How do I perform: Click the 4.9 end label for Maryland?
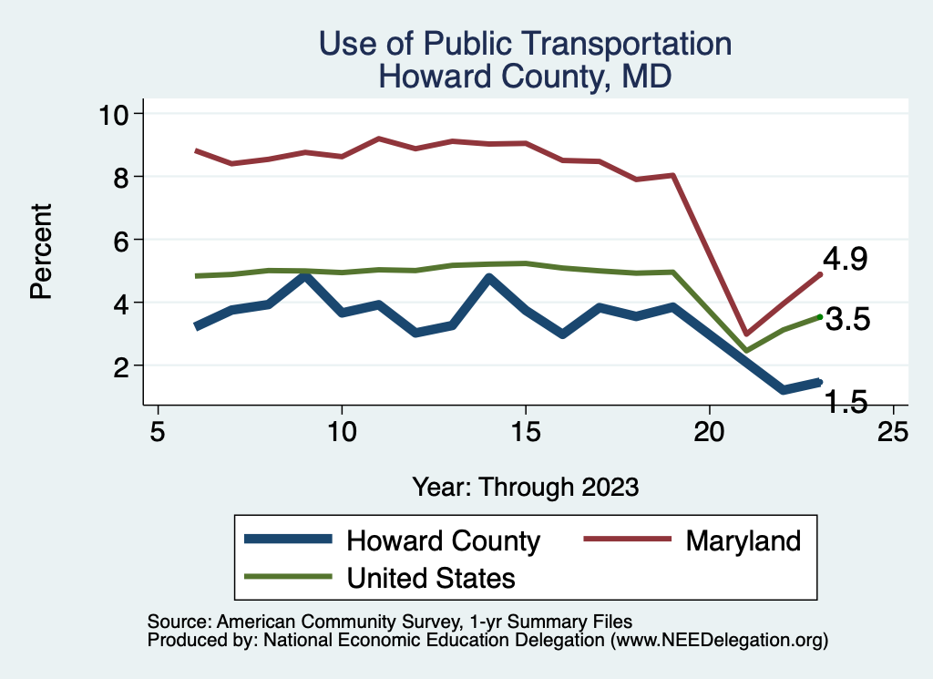tap(845, 260)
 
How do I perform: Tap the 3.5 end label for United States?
tap(847, 320)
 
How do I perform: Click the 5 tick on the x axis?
tap(158, 431)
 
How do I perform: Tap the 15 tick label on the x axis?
tap(526, 431)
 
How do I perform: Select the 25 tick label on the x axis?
tap(893, 431)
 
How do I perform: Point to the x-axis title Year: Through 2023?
tap(525, 486)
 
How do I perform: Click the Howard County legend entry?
tap(443, 540)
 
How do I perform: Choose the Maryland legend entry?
tap(743, 540)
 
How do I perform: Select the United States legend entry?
tap(430, 577)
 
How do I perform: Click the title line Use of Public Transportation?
tap(525, 44)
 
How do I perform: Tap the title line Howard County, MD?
tap(525, 76)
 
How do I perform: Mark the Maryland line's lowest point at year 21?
tap(746, 334)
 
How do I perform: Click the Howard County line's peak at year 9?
tap(305, 275)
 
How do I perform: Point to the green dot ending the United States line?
tap(820, 316)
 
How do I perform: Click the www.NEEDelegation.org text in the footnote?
tap(719, 641)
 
